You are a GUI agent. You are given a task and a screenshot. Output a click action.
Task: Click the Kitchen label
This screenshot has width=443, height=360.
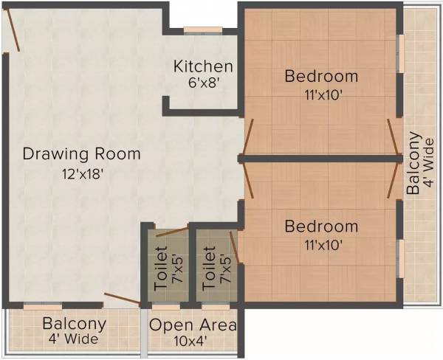coord(203,66)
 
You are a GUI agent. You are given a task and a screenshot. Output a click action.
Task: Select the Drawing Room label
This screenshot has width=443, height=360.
coord(81,154)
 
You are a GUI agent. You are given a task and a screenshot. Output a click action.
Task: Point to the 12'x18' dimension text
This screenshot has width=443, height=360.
coord(81,175)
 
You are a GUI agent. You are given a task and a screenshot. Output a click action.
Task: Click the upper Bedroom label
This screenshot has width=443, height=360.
coord(321,76)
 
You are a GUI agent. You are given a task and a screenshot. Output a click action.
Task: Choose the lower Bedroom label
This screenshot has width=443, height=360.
coord(321,226)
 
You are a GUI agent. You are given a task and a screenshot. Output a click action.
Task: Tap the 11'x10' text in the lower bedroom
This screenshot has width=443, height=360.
coord(321,244)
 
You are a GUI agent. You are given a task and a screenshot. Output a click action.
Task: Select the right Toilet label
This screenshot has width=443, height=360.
coord(209,270)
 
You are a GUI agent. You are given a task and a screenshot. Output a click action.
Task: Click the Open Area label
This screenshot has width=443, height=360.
coord(193,325)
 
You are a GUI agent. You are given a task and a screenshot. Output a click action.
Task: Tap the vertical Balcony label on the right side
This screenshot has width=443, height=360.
coord(414,162)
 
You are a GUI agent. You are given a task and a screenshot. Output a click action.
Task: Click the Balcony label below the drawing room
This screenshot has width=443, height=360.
coord(74,324)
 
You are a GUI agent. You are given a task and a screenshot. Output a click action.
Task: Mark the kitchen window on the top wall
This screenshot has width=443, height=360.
coord(203,30)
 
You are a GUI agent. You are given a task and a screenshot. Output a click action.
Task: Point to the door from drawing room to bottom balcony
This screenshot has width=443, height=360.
coord(121,299)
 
